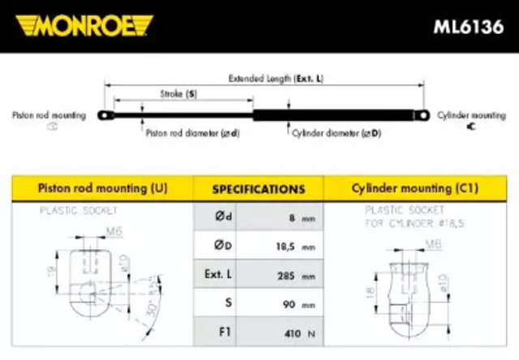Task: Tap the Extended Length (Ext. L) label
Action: pos(276,79)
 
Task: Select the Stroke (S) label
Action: pos(180,95)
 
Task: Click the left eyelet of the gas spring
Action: pos(105,115)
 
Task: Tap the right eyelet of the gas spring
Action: pos(421,115)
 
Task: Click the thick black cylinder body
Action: pos(332,115)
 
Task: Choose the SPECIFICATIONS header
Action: pos(259,190)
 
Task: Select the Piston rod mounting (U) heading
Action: pos(103,188)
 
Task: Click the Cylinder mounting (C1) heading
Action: pos(414,188)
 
